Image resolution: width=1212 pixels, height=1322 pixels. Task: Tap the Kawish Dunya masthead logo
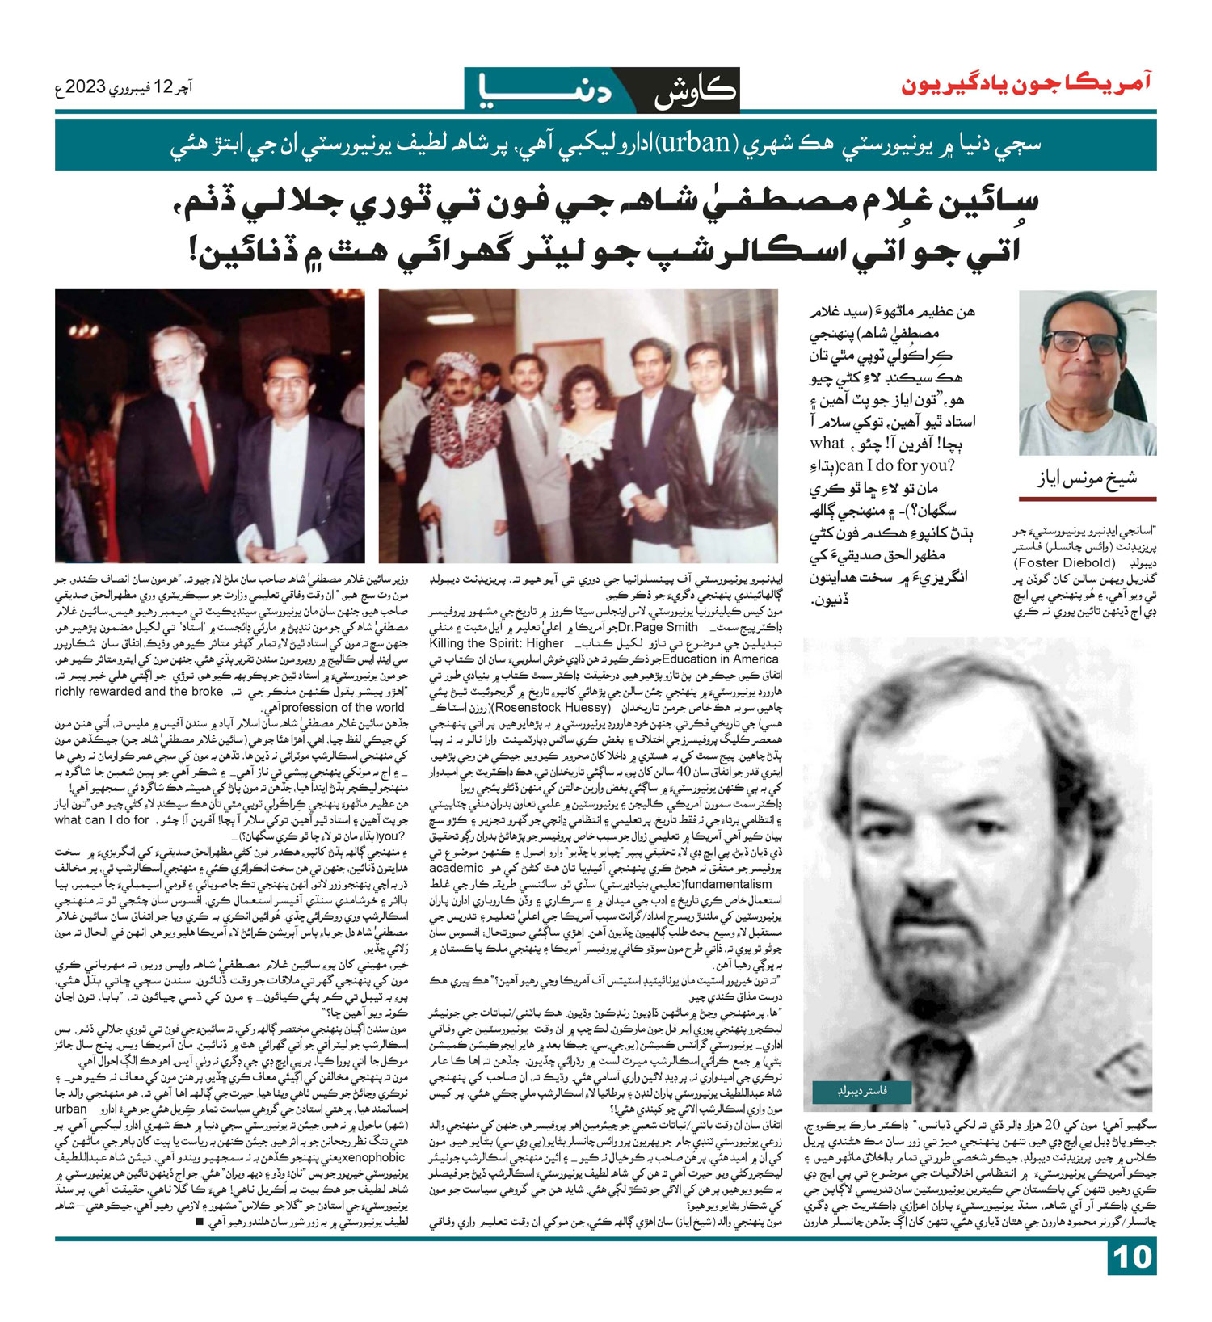(x=602, y=90)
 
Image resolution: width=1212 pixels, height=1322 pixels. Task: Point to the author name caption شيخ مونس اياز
(x=1087, y=478)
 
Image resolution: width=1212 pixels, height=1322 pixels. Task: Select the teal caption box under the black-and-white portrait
(x=862, y=1092)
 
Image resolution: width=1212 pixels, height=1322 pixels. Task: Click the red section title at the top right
(x=1026, y=83)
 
